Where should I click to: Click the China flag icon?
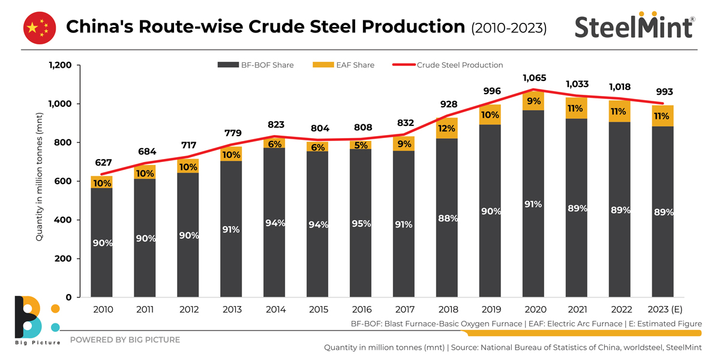[x=40, y=28]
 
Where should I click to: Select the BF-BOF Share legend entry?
[x=256, y=65]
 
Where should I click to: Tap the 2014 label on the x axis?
[x=275, y=310]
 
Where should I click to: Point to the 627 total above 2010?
[x=101, y=163]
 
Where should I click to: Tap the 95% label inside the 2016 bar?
[x=361, y=223]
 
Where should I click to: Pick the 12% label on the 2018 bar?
[x=447, y=128]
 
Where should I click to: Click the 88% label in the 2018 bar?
[x=447, y=218]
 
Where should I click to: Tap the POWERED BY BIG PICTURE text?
[x=125, y=340]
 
